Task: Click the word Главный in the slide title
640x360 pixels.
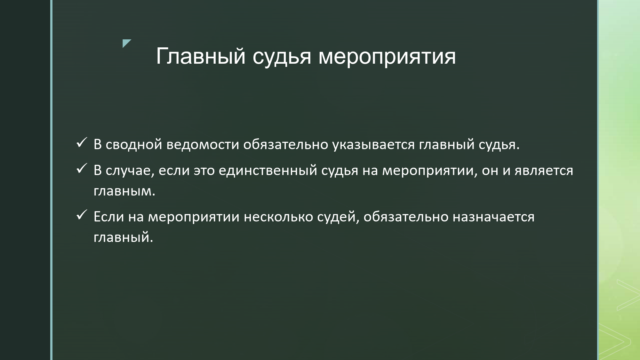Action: tap(201, 56)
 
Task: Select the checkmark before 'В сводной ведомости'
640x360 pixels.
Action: tap(81, 143)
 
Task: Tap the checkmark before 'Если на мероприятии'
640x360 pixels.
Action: tap(81, 215)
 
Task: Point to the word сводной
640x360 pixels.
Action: tap(134, 145)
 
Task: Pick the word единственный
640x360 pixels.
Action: tap(268, 171)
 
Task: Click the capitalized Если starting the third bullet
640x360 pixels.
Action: tap(109, 217)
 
